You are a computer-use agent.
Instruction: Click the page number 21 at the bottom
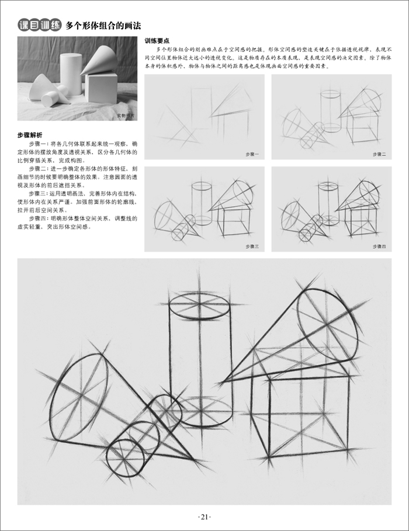point(204,517)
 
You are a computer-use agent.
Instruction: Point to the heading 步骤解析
point(30,135)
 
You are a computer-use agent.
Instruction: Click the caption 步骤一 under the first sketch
point(252,154)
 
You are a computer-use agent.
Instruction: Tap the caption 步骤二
point(379,154)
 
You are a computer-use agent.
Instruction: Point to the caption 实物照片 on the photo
point(124,116)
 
